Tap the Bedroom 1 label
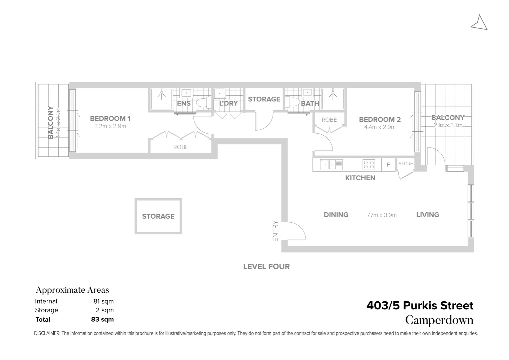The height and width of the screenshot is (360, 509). click(x=110, y=118)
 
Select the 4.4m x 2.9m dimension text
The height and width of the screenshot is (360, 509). click(x=380, y=127)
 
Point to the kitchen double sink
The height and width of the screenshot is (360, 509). click(x=328, y=165)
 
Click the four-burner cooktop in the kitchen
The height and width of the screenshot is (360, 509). click(x=369, y=165)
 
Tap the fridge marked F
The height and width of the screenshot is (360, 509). click(x=388, y=165)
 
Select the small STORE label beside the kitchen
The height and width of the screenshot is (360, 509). click(x=406, y=164)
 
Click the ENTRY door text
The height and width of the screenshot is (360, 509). click(x=275, y=231)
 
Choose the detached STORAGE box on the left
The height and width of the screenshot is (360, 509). click(x=158, y=216)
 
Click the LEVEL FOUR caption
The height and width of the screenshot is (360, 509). click(x=266, y=266)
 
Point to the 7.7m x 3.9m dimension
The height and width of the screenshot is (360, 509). click(x=382, y=215)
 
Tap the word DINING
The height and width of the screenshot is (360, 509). click(x=336, y=215)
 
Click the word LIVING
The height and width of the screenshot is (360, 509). click(x=427, y=215)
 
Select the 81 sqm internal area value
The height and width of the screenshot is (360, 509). click(x=103, y=301)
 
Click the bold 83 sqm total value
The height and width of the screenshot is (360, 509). click(x=102, y=319)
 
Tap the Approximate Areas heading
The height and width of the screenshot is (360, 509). click(x=72, y=290)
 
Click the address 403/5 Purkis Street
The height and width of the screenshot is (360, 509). click(x=420, y=305)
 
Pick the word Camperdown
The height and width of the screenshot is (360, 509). click(x=439, y=320)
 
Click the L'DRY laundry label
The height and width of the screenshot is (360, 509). click(x=228, y=103)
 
